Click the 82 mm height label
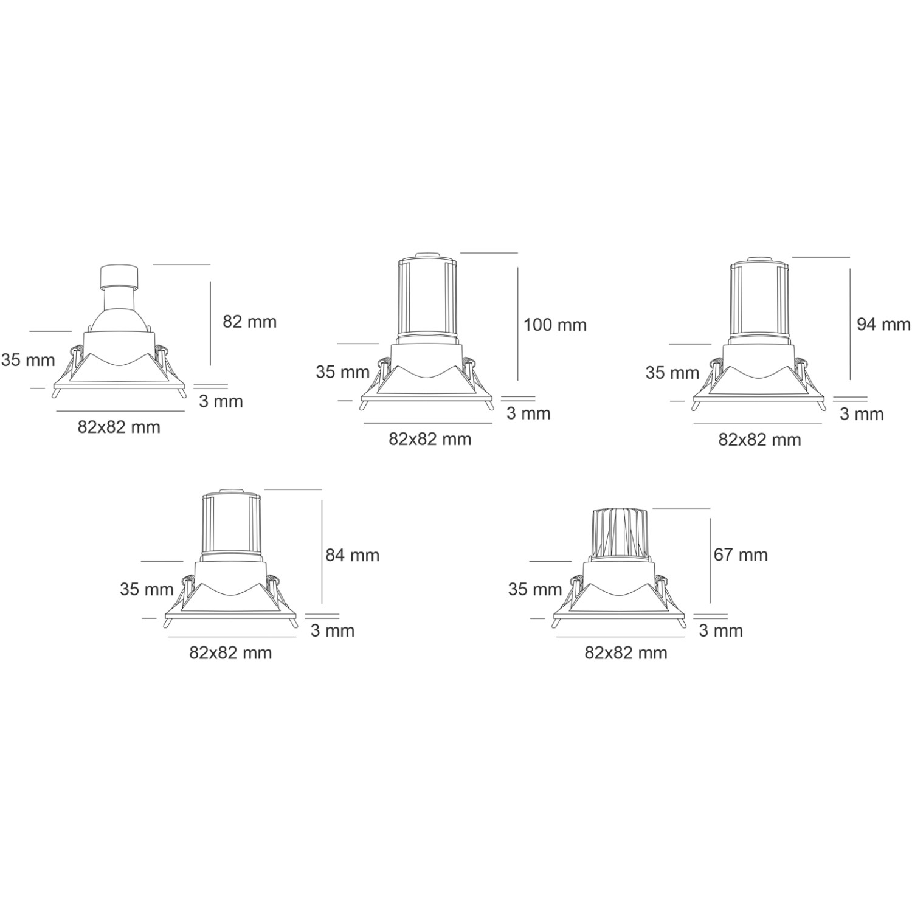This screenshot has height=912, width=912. coord(249,321)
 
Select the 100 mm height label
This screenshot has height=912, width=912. coord(555,325)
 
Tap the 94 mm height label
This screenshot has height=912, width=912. coord(883,324)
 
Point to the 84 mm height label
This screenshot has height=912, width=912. coord(352,554)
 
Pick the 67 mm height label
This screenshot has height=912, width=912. coord(741,554)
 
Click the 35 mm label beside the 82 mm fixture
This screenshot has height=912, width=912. coord(28,360)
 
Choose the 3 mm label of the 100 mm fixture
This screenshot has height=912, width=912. coord(528,413)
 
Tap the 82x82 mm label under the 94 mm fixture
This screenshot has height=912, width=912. coord(759,439)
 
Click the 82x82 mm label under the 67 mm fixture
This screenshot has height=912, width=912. coord(626,652)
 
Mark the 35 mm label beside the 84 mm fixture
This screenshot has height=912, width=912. coord(147,589)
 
